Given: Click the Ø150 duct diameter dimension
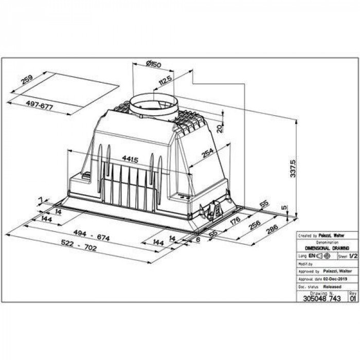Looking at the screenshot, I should (153, 64).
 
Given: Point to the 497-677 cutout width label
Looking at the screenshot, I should (40, 105).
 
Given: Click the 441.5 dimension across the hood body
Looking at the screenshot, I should (129, 159).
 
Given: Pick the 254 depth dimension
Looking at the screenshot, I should (208, 153).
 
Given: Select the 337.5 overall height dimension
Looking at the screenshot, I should (293, 168).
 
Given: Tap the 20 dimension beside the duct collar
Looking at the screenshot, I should (220, 128).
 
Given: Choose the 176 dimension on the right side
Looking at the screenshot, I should (236, 222).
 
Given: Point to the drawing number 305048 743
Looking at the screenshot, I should (322, 298).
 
